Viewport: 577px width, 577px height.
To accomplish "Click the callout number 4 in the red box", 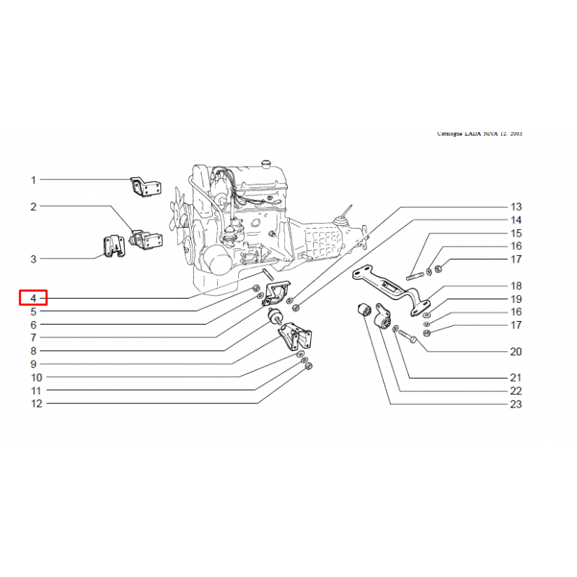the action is coord(33,298).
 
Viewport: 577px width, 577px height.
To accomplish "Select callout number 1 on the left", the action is coord(33,180).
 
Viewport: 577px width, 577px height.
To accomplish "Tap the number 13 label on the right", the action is coord(516,207).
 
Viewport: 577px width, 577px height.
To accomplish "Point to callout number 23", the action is coord(516,404).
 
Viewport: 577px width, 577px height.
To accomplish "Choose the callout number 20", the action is coord(516,352).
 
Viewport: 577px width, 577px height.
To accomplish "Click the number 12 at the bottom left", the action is coord(37,404).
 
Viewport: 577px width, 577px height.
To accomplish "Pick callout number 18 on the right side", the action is coord(516,286).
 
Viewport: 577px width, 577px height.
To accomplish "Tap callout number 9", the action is coord(33,364).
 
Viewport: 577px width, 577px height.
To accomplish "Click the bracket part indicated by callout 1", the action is coord(146,187).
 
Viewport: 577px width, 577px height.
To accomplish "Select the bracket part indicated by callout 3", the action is coord(113,247).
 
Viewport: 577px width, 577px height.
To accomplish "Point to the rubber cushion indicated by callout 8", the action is coord(276,317).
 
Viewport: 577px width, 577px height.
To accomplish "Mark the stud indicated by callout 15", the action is coord(415,276).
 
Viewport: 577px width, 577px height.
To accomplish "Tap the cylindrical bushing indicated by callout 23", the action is coord(365,309).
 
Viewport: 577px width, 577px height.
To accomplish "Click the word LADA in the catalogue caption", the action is coord(473,133).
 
